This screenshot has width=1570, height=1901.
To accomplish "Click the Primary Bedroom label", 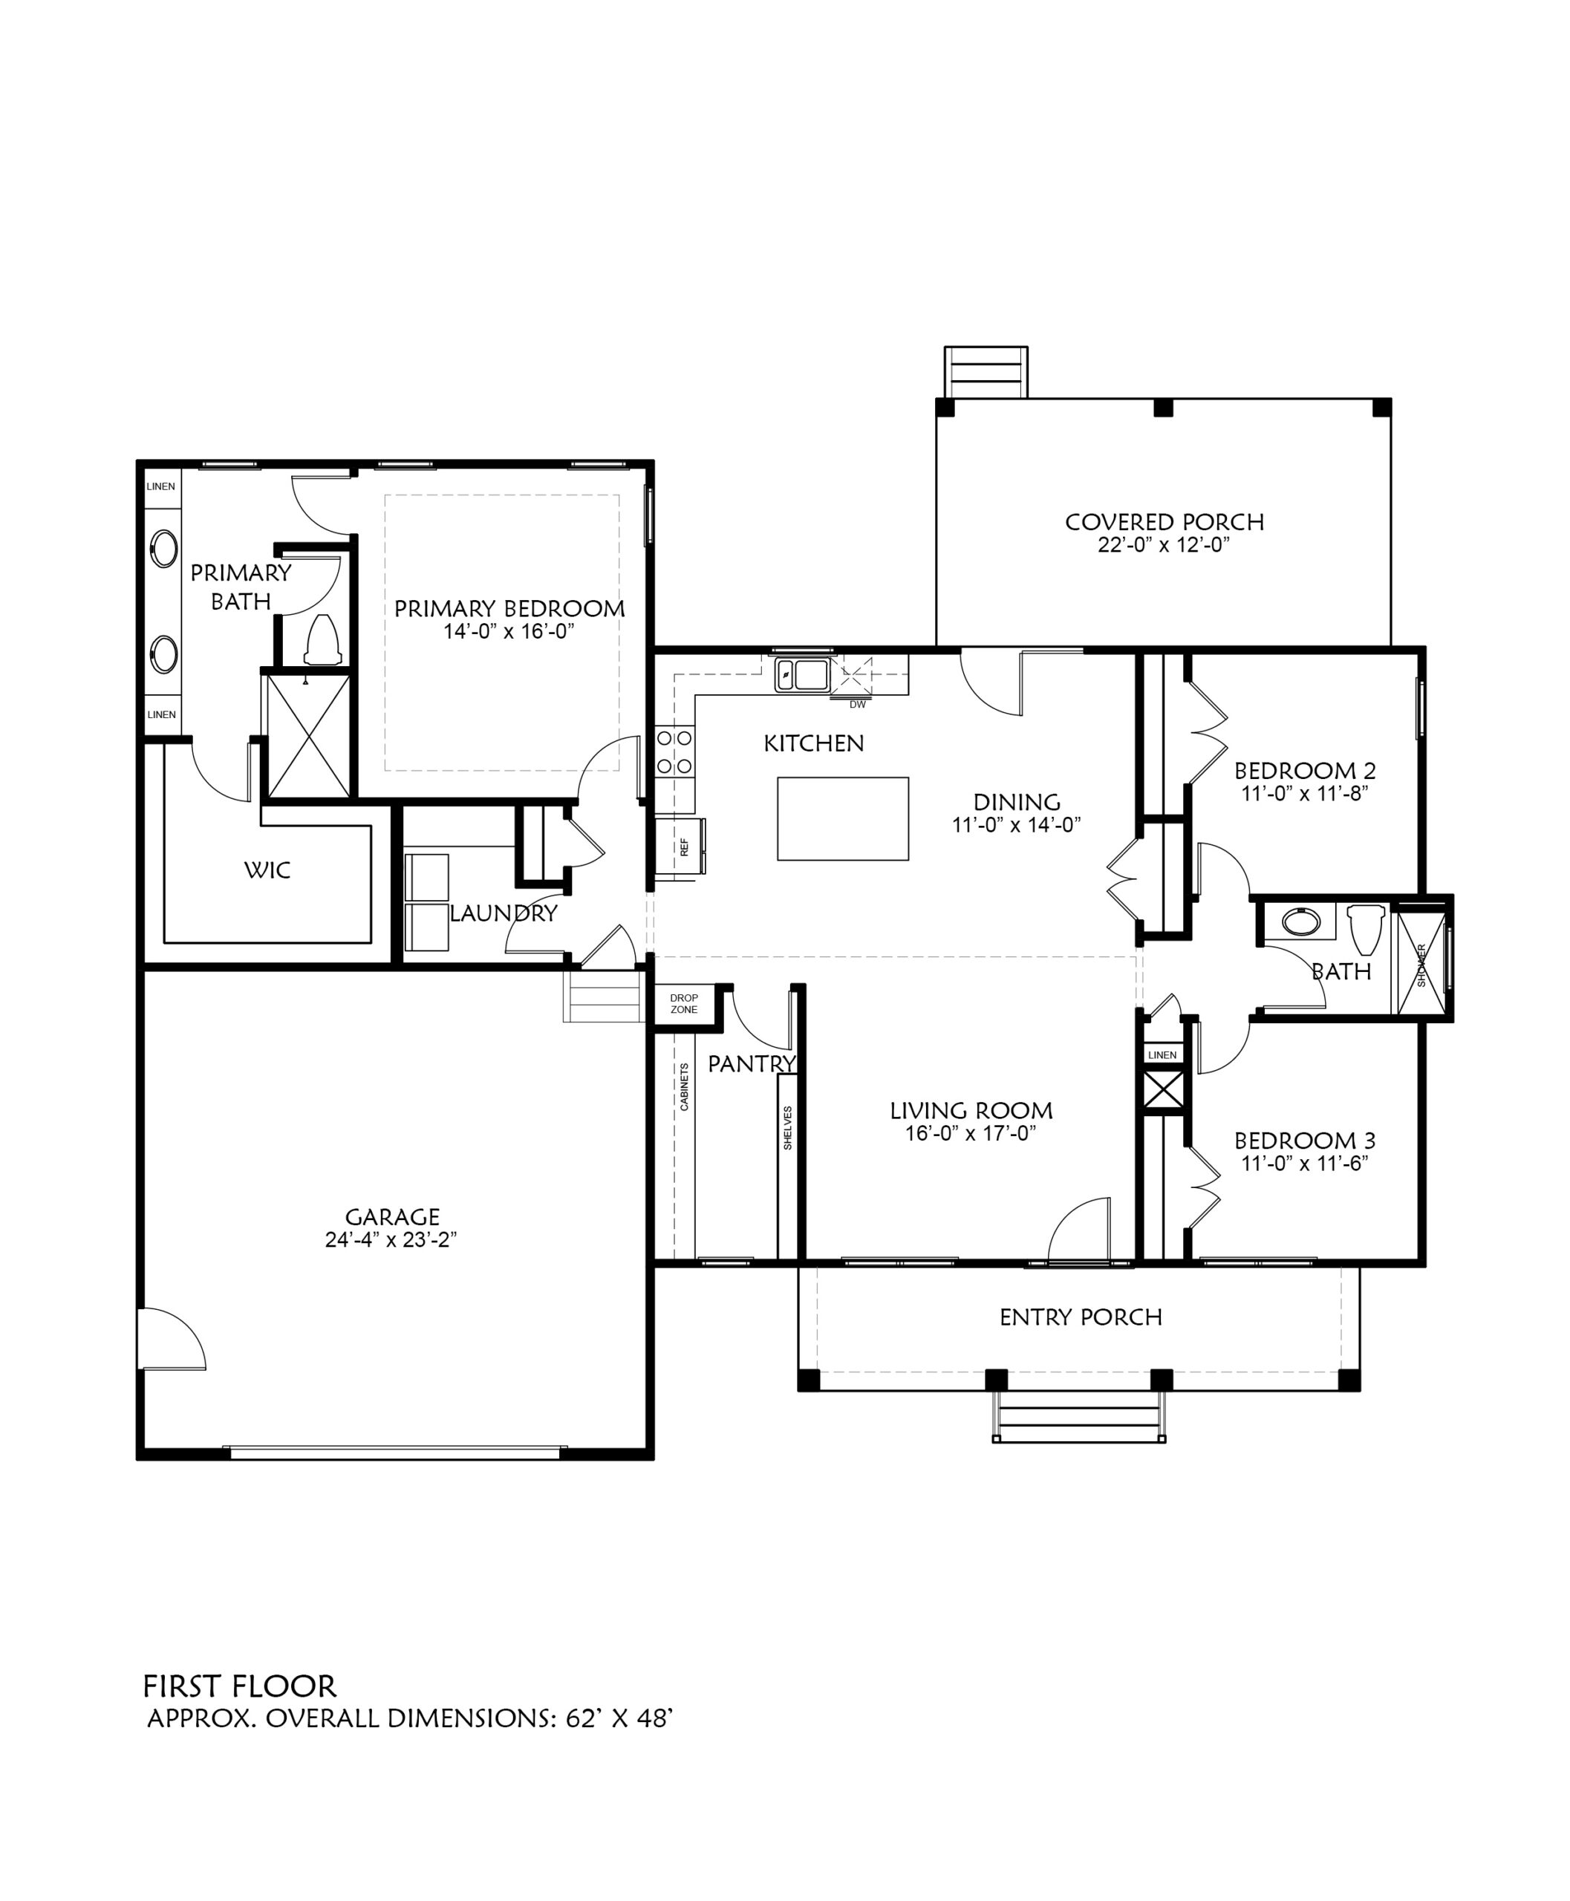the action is [509, 609].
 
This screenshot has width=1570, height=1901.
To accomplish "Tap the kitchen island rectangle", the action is [843, 818].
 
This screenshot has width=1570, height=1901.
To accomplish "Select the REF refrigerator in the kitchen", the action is [682, 847].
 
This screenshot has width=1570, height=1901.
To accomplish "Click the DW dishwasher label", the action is [857, 705].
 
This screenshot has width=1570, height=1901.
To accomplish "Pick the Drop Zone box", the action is [684, 1004].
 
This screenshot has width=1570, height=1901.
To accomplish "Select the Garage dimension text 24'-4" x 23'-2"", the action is [391, 1239].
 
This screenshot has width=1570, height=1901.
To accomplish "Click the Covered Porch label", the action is [1164, 522].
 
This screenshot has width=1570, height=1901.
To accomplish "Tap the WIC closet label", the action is [267, 870].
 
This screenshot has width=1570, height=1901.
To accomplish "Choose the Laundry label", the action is [503, 913].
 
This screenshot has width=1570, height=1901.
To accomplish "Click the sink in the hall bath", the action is [1301, 922].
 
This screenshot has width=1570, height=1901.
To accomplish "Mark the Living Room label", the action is [971, 1111].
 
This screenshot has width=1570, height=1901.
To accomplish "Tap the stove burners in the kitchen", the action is [674, 751].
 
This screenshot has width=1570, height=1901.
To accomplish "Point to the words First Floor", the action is [240, 1686].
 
